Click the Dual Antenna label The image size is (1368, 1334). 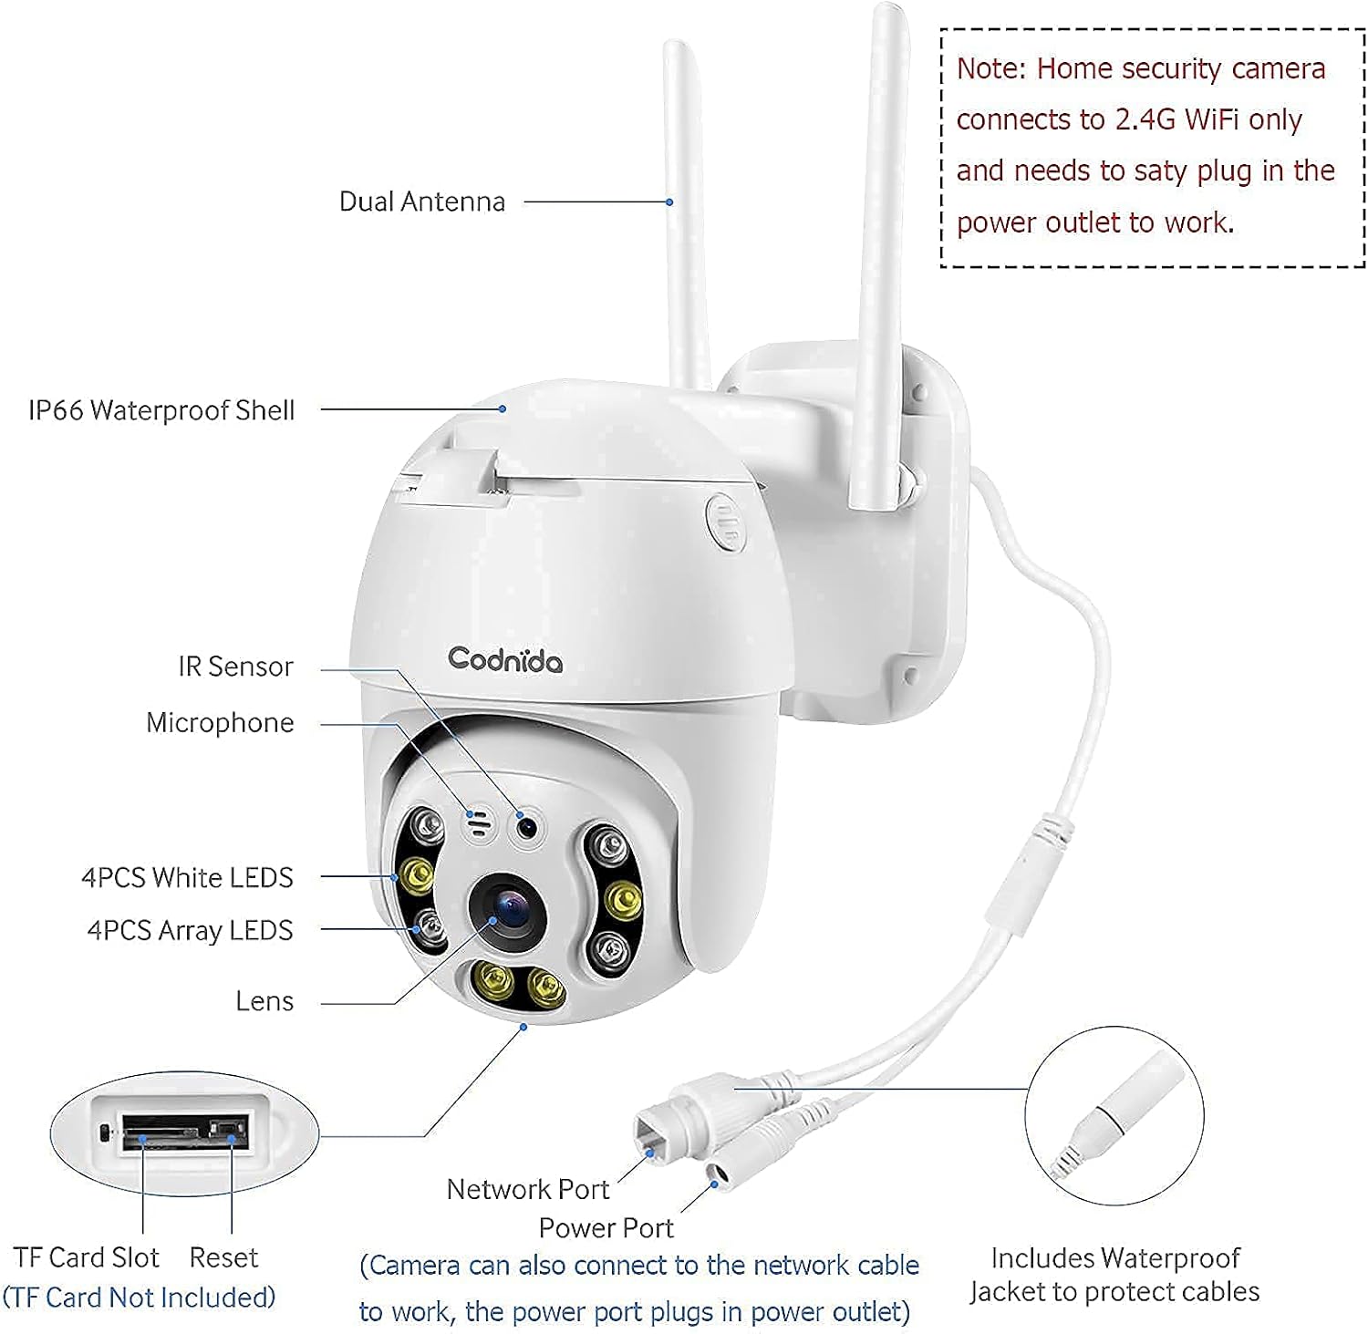(421, 202)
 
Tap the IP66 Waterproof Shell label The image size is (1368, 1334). (161, 410)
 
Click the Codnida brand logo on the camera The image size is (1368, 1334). (504, 659)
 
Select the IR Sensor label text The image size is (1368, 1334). (235, 667)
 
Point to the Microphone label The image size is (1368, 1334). (220, 723)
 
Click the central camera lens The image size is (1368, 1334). (507, 907)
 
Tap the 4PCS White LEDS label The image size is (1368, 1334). (187, 877)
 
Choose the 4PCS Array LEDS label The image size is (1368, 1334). (190, 930)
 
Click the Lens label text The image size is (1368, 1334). (264, 1001)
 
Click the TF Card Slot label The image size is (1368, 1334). (86, 1257)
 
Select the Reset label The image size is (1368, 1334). (223, 1257)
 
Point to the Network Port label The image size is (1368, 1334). (527, 1189)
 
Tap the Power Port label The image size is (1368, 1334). (606, 1228)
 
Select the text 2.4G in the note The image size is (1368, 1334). (1145, 120)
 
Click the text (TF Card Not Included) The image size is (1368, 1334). (139, 1298)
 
